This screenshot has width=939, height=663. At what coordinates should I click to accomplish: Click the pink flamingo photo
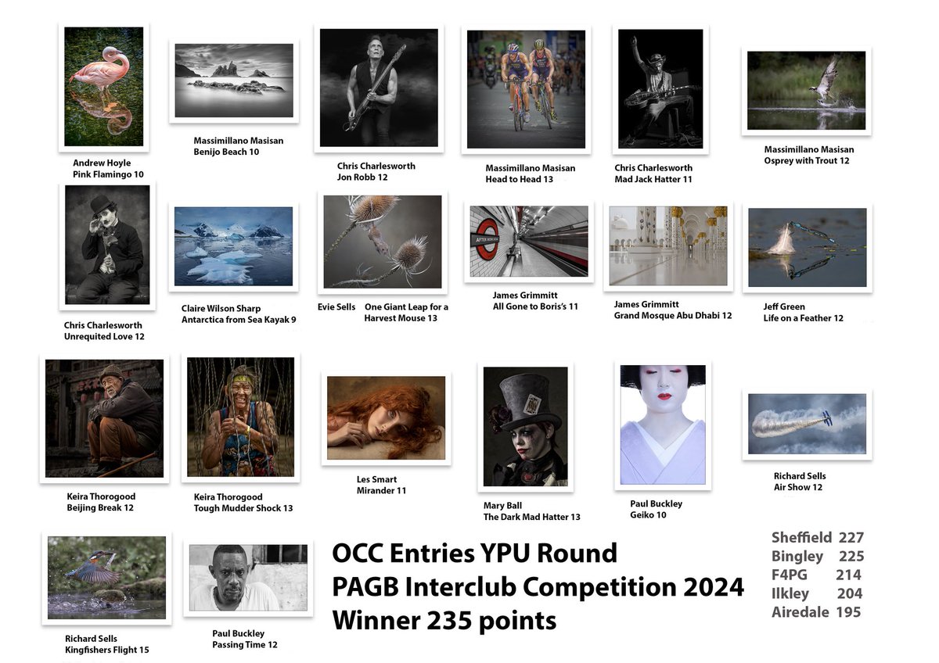(103, 87)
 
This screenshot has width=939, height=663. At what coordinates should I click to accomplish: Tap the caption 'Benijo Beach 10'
(226, 152)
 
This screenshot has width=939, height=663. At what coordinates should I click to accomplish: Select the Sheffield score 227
(851, 537)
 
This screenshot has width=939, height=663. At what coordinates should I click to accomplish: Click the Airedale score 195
(848, 612)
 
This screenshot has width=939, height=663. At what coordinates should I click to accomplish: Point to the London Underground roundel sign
(487, 239)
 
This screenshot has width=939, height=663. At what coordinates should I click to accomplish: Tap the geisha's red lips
(664, 396)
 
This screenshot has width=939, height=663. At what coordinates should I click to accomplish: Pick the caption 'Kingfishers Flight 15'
(107, 650)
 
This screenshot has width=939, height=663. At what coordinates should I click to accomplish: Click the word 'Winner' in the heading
(376, 620)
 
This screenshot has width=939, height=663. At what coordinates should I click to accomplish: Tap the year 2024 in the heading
(714, 587)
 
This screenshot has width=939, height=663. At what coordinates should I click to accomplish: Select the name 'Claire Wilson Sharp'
(221, 309)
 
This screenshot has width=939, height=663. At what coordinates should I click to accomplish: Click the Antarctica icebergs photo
(233, 246)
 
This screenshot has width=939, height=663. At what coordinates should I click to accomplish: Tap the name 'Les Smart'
(376, 479)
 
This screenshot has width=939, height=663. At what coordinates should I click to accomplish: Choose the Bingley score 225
(851, 556)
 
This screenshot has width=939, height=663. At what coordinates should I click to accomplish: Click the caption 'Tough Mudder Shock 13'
(243, 508)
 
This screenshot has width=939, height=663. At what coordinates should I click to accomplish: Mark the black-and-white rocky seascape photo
(234, 81)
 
